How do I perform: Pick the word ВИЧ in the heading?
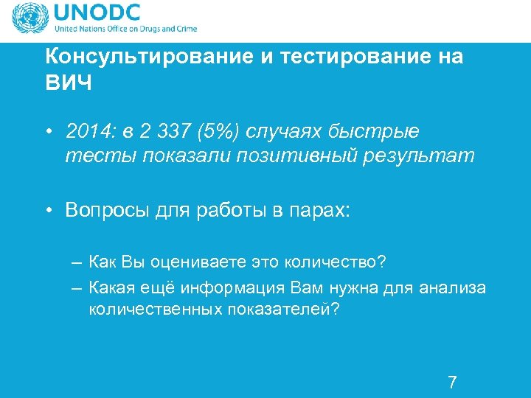(69, 83)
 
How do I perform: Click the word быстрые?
(380, 132)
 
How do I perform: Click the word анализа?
(455, 287)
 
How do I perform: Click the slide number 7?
(452, 382)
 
